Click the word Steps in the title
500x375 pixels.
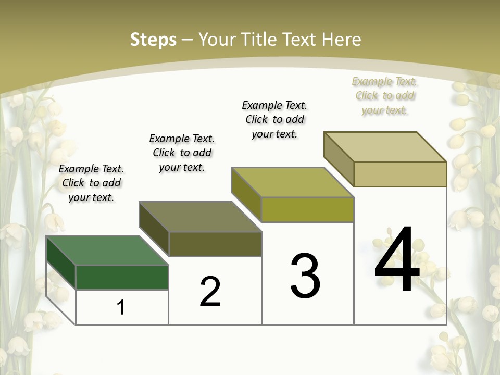click(153, 40)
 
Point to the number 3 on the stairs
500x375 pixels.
click(305, 276)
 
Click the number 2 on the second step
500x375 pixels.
click(210, 292)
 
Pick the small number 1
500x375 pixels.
click(121, 307)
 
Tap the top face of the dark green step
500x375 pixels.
click(107, 251)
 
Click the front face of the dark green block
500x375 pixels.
click(122, 277)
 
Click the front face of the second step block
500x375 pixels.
click(215, 244)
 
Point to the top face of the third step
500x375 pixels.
click(292, 182)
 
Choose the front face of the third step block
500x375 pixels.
click(307, 209)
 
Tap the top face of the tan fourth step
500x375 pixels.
click(385, 147)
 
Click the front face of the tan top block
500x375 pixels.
click(400, 174)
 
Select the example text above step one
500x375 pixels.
click(91, 183)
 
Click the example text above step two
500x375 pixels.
click(182, 153)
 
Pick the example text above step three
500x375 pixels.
click(274, 119)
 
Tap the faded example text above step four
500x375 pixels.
click(385, 95)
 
